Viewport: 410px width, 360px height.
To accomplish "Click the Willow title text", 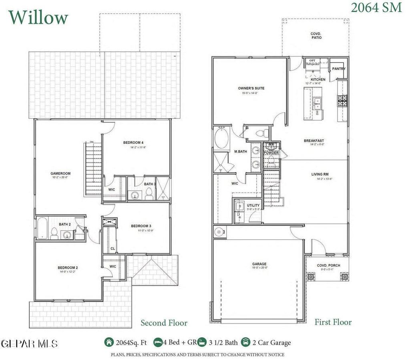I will click(38, 18).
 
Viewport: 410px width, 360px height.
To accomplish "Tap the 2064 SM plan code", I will click(376, 8).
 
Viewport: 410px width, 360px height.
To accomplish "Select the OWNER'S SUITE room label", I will click(251, 88).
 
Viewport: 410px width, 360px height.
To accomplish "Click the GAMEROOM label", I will click(60, 173).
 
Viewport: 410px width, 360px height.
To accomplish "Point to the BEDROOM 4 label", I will click(133, 143).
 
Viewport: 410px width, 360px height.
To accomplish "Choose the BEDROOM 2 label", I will click(67, 267).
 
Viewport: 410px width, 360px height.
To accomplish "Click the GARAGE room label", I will click(259, 264).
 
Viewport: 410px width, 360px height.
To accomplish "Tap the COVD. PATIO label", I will click(316, 36).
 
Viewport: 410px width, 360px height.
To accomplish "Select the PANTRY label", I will click(339, 69).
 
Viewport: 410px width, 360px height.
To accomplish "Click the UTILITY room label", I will click(253, 205).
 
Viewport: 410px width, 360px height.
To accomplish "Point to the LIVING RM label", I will click(320, 174).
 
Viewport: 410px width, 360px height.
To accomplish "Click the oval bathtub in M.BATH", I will click(221, 139).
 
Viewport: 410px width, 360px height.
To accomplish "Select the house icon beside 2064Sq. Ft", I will click(109, 342).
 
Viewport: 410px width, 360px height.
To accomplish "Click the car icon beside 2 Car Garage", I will click(245, 342).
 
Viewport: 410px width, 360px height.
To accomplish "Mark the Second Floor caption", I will click(164, 323).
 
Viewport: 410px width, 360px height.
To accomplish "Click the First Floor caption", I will click(333, 322).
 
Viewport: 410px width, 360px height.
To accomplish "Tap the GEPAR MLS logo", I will click(29, 344).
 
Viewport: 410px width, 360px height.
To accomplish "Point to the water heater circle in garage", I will click(219, 231).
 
